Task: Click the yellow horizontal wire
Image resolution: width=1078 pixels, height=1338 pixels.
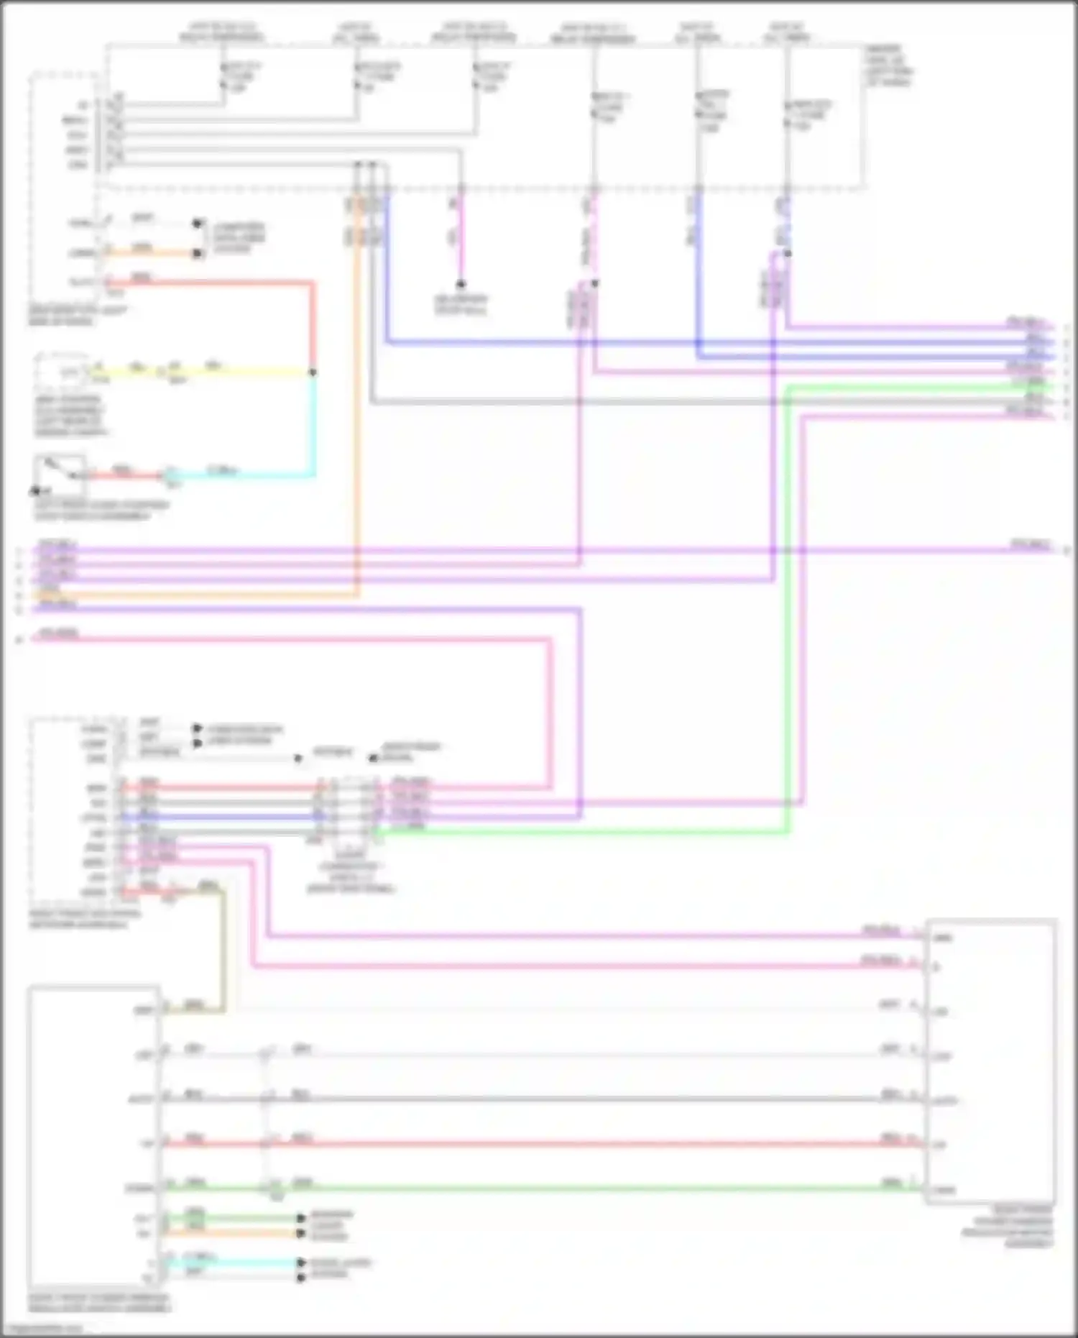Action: [x=237, y=372]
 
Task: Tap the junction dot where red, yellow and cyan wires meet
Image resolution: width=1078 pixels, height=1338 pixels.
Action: [x=313, y=372]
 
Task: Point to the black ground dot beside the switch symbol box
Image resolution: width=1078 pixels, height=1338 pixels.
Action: [x=34, y=492]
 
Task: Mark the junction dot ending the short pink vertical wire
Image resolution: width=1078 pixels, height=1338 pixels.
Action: [x=461, y=284]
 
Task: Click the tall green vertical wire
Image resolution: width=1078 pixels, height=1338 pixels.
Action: [x=788, y=611]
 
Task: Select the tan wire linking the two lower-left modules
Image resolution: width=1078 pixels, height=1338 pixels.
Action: [x=223, y=949]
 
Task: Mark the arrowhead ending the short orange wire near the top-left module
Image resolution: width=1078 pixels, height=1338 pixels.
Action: [x=198, y=253]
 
